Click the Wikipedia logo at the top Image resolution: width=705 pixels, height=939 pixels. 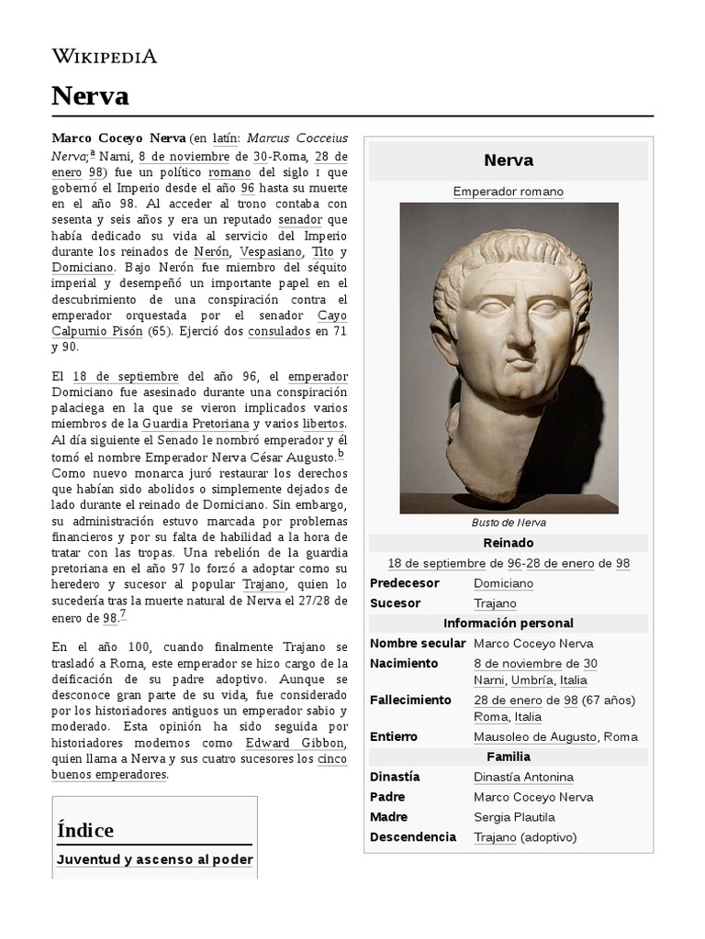pos(104,56)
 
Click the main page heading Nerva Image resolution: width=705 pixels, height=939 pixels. pos(90,96)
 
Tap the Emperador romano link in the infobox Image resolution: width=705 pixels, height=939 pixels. pos(508,192)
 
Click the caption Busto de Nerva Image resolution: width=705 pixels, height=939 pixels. pos(508,523)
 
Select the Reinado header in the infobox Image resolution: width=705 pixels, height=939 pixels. pos(508,543)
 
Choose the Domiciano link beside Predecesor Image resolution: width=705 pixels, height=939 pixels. pos(503,583)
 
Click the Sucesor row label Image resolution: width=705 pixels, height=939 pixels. pos(395,603)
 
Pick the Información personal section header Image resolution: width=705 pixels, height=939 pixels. pos(508,624)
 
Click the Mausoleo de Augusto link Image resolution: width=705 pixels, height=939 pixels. pos(536,737)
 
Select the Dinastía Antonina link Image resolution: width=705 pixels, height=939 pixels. pos(523,778)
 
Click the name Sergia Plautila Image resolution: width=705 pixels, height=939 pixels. pos(514,817)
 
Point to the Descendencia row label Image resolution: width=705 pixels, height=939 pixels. pos(412,837)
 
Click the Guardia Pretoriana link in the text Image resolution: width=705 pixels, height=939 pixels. pos(196,424)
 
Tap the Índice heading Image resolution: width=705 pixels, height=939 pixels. pos(85,830)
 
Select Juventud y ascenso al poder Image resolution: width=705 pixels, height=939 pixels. pos(154,860)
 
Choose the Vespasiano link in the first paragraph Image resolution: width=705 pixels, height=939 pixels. pos(272,251)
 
